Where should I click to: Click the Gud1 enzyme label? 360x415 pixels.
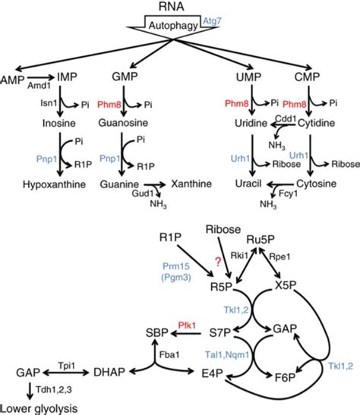137,194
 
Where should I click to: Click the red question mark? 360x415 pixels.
217,260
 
